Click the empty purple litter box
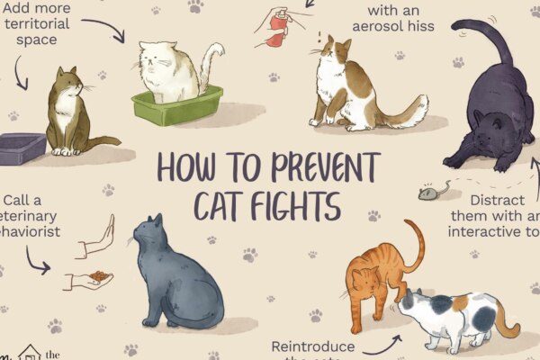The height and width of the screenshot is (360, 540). [x=22, y=147]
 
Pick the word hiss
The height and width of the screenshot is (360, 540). [x=442, y=26]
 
